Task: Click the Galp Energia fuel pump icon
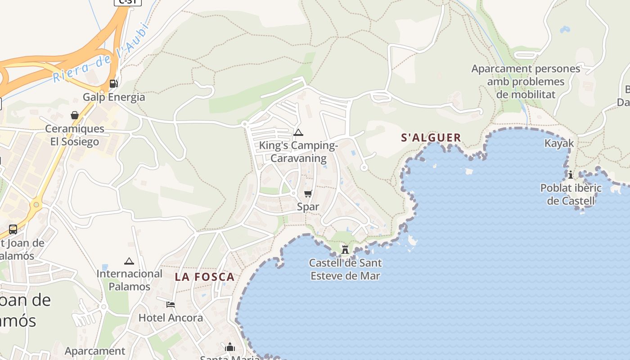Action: coord(113,83)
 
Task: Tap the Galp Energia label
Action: coord(114,97)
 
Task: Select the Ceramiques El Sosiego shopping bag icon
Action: coord(75,116)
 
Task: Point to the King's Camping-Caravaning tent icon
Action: coord(298,133)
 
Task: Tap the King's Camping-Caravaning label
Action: coord(298,152)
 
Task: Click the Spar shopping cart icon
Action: coord(308,194)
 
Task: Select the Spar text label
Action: coord(308,207)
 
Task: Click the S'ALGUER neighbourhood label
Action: coord(431,138)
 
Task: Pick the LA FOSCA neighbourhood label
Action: coord(205,277)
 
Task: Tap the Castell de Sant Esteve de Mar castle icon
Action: coord(345,250)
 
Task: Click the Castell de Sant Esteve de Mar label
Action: coord(345,269)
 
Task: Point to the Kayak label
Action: coord(559,143)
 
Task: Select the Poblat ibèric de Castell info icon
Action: coord(571,175)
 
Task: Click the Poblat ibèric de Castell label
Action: coord(571,194)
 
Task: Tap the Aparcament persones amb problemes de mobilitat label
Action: coord(526,81)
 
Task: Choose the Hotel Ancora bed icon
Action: coord(171,305)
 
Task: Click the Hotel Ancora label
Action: coord(171,318)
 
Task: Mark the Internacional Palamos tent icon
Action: coord(129,261)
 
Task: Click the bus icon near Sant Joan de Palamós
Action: coord(13,229)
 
